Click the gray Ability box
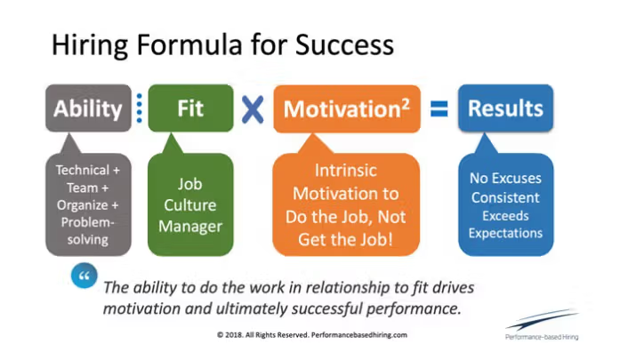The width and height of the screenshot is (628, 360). coord(88,108)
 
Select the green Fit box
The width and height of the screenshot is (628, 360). coord(190,108)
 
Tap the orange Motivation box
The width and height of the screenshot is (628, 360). coord(347,108)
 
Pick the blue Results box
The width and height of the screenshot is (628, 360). coord(505,108)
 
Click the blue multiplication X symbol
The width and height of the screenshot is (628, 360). coord(253,109)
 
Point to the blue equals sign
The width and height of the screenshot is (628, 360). coord(439,108)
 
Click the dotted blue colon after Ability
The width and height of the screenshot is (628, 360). coord(140,108)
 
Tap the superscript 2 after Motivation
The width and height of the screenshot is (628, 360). coord(406,104)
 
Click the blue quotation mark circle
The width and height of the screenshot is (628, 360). coord(85,276)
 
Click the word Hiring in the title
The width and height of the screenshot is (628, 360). coord(90,45)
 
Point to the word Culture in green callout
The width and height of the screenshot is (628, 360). coord(190,205)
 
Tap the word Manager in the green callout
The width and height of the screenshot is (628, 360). coord(190,227)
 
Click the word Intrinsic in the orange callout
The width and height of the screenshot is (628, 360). coord(346,171)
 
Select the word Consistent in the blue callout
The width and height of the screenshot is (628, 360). coord(505,197)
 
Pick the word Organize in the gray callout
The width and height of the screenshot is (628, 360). coord(83,205)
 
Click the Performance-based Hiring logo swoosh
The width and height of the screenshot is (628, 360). coord(543,319)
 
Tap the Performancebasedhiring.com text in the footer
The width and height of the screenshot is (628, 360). coord(359,335)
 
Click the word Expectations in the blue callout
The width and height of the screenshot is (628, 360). coord(505,234)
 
